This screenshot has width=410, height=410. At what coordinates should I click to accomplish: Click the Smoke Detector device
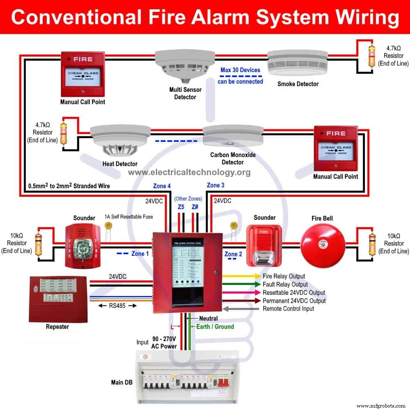tap(297, 64)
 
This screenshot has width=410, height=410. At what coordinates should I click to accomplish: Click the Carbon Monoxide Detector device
tap(232, 137)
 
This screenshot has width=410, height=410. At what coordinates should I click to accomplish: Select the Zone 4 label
tap(162, 186)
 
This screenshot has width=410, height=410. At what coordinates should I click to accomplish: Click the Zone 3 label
tap(216, 185)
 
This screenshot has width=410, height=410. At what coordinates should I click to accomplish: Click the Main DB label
tap(122, 383)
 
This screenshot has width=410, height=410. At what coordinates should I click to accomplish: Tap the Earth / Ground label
tap(215, 327)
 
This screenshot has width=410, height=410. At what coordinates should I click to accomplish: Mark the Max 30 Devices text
tap(240, 70)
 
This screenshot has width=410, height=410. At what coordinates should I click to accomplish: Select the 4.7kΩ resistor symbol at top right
tap(372, 55)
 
